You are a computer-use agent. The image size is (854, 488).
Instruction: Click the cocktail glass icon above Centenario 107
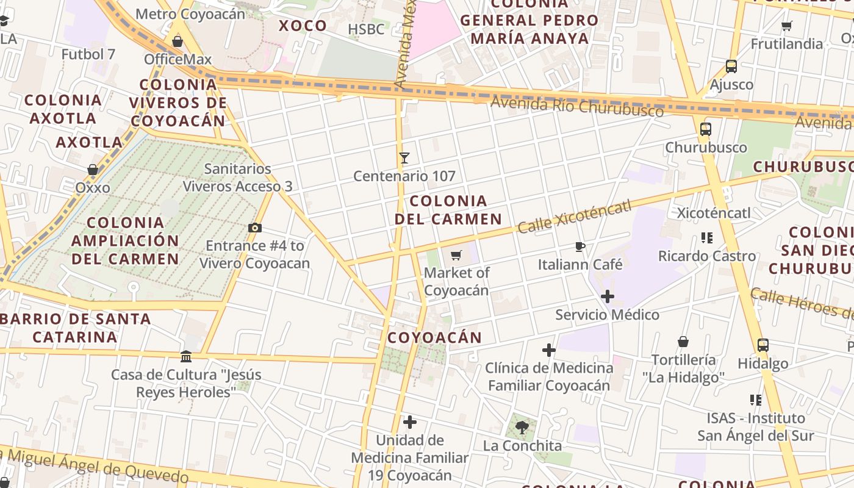tap(404, 158)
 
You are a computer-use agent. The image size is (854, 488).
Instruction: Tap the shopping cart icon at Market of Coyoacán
tap(456, 255)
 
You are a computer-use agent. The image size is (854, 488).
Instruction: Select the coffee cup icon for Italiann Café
tap(579, 246)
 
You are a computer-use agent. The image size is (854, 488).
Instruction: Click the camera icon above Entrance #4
tap(255, 228)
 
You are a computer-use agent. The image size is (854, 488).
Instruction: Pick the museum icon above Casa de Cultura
tap(186, 356)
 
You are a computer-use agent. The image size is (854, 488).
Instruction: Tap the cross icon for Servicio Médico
tap(607, 297)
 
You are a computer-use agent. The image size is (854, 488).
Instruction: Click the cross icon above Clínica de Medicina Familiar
tap(549, 350)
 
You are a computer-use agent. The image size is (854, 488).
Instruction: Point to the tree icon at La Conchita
tap(522, 427)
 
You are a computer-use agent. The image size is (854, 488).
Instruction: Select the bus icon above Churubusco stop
tap(706, 129)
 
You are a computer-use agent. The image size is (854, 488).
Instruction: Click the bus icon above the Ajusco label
tap(731, 66)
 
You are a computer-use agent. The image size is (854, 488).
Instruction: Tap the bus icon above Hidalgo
tap(762, 345)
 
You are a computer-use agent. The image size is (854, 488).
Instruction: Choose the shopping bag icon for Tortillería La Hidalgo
tap(683, 342)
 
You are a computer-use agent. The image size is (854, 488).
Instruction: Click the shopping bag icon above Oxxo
tap(93, 170)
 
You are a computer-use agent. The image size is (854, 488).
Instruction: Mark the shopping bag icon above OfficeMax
tap(178, 41)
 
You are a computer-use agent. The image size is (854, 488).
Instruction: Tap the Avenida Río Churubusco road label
tap(577, 107)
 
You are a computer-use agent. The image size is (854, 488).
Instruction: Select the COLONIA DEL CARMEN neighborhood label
tap(448, 210)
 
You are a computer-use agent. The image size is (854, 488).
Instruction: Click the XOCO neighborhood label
tap(303, 26)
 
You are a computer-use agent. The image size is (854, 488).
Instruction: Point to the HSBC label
tap(366, 29)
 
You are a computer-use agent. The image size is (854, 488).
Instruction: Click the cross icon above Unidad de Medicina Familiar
tap(410, 422)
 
